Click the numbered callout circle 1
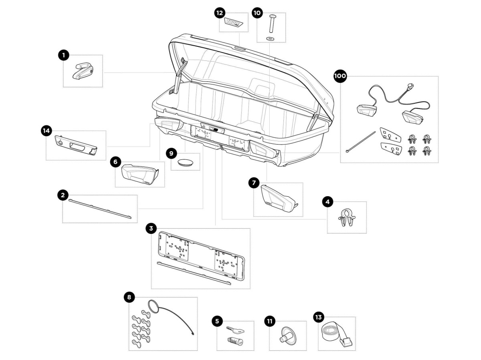tap(63, 55)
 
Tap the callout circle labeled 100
tap(340, 76)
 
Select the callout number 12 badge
tap(219, 13)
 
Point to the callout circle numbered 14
tap(46, 130)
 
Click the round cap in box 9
tap(185, 162)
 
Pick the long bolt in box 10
tap(271, 24)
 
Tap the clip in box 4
tap(346, 218)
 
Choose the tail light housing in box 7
tap(277, 199)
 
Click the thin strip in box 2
tap(100, 208)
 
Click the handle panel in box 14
tap(76, 144)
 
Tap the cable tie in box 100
tap(361, 141)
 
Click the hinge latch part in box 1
tap(83, 71)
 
